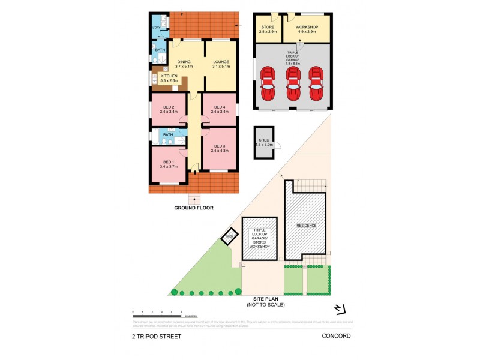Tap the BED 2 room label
tap(168, 109)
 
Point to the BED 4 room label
tap(219, 109)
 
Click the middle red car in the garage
tap(292, 83)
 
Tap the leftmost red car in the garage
tap(268, 83)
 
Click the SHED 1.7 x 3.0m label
tap(264, 142)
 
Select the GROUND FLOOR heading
tap(194, 208)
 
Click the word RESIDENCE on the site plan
tap(306, 226)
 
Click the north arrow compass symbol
tap(340, 308)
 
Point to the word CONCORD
tap(336, 337)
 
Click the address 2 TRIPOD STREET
tap(157, 337)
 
